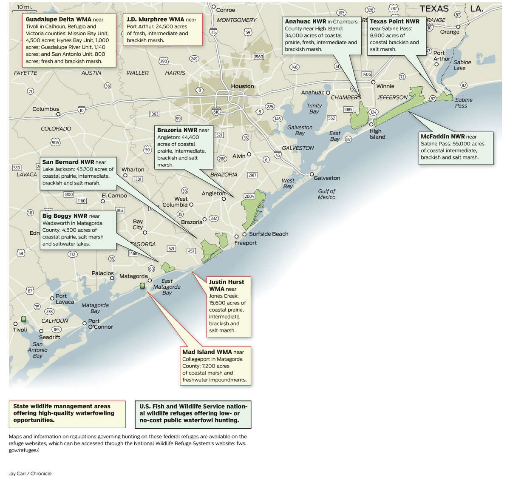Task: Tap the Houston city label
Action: point(242,86)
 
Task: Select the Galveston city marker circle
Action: point(312,174)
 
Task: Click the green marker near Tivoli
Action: point(23,319)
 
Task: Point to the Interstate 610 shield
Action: point(216,112)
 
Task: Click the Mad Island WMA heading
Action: point(207,352)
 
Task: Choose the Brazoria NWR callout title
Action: point(177,130)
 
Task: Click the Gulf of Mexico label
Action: point(326,194)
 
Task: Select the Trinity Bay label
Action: point(314,108)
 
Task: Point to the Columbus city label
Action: point(45,109)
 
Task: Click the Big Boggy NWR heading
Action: point(65,216)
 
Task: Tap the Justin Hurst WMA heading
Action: point(226,285)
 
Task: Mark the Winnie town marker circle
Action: point(373,82)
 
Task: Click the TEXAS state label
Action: point(434,9)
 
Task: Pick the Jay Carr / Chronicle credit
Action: point(30,473)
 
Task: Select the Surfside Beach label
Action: point(269,234)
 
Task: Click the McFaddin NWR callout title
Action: point(442,136)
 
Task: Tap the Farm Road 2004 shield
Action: point(249,196)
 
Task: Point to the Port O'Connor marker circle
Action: point(84,324)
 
